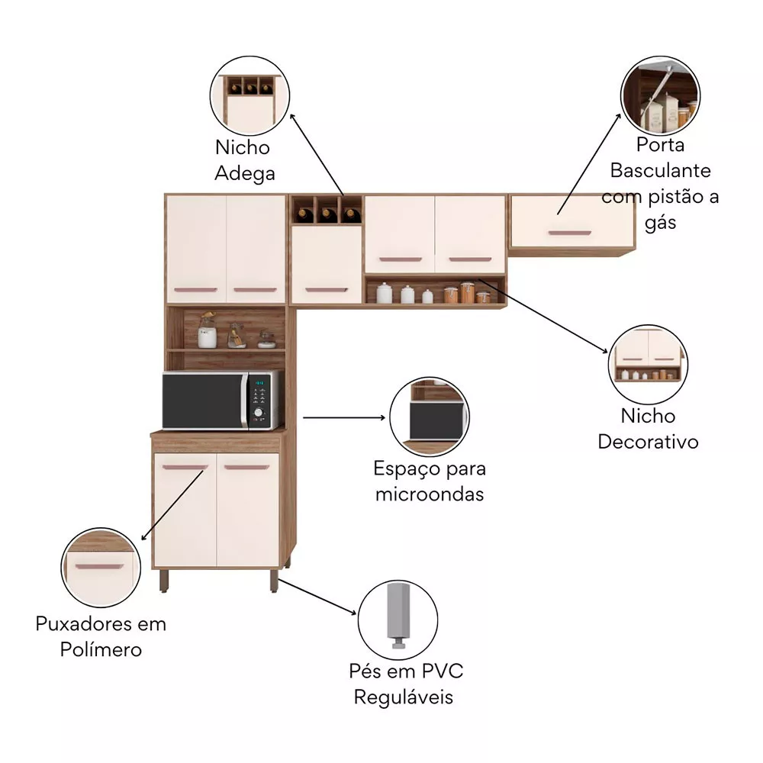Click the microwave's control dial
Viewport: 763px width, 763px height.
pos(258,414)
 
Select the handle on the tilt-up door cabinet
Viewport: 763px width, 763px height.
pos(569,232)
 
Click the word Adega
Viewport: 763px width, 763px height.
pos(244,174)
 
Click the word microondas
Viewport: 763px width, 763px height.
pos(430,494)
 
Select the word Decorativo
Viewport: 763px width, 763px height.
pos(648,442)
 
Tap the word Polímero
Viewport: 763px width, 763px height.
pos(100,650)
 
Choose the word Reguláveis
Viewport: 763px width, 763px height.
pos(404,697)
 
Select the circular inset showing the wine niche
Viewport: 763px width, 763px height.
pos(250,97)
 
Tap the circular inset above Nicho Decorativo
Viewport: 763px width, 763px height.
pos(648,363)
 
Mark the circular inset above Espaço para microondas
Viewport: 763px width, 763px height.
pos(429,417)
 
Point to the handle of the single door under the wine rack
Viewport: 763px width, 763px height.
pos(326,290)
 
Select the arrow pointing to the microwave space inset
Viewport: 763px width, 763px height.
pos(343,417)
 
